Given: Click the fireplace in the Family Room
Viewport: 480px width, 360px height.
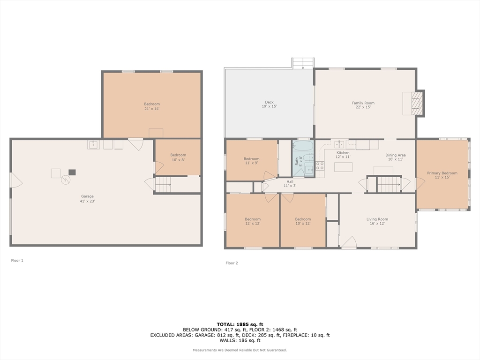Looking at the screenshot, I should (x=413, y=104).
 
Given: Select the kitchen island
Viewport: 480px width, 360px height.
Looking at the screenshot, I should (x=343, y=167).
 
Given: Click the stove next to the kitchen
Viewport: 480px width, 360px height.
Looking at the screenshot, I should (x=320, y=165).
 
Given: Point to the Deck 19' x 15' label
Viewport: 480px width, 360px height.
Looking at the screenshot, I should (x=269, y=105).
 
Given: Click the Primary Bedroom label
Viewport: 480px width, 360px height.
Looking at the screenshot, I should (x=442, y=175).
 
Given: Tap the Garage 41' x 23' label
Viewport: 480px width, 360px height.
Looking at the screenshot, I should (x=87, y=199).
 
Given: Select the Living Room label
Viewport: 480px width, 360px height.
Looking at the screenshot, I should (x=377, y=221).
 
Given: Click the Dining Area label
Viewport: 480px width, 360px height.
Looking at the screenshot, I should (x=396, y=157).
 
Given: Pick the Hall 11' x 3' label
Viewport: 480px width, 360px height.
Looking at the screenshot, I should (x=290, y=184).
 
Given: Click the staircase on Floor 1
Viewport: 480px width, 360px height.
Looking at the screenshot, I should (x=163, y=185).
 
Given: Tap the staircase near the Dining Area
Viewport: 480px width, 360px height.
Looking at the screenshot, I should (x=389, y=184).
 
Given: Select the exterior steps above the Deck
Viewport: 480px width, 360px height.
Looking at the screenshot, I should (x=303, y=63).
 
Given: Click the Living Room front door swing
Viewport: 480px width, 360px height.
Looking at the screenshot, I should (x=348, y=242).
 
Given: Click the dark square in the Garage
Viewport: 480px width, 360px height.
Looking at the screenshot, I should (x=72, y=172).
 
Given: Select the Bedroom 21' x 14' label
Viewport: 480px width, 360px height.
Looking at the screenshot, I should (x=152, y=106).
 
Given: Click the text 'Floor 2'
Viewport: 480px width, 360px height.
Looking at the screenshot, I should (x=232, y=263).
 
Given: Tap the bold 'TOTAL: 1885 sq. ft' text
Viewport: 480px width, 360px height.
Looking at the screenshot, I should (x=240, y=324).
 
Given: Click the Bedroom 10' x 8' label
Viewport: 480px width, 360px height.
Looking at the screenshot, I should (x=178, y=157).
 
